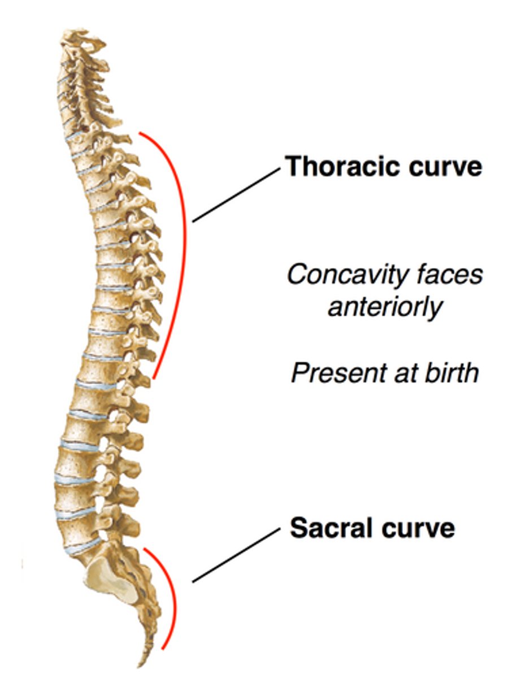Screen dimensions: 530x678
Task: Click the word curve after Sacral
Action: tap(420, 528)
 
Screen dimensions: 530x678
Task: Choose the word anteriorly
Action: tap(384, 307)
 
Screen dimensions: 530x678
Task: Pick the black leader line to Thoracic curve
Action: tap(236, 195)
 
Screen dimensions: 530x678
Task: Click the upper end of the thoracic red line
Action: tap(140, 133)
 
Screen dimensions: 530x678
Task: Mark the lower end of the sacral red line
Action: tap(163, 648)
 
